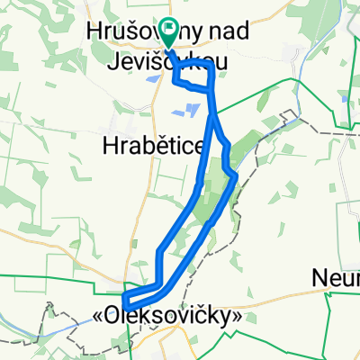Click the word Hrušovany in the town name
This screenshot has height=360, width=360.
point(125,30)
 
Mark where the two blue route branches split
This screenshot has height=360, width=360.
point(212,117)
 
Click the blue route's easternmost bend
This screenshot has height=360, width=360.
point(235,176)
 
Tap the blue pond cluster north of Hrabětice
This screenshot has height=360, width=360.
point(191,110)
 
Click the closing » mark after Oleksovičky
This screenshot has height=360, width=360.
point(238,318)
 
